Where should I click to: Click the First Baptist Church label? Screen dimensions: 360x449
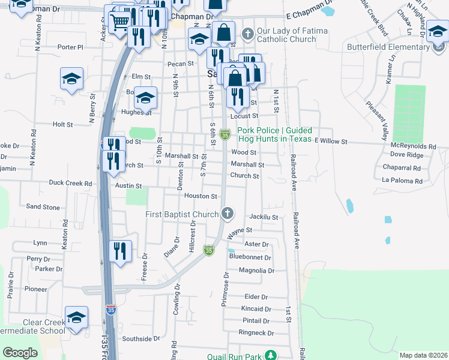pos(181,214)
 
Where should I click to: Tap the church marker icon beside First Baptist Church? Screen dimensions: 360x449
pos(227,214)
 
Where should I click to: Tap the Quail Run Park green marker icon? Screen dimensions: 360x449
pos(271,356)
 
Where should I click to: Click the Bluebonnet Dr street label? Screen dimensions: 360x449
pos(250,257)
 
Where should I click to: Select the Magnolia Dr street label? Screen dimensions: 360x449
pos(256,271)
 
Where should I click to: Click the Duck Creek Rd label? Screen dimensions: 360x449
pos(71,183)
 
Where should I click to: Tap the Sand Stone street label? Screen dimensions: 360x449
pos(43,207)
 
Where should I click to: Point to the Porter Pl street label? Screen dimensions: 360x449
pos(70,47)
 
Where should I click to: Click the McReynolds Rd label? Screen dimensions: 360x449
pos(413,146)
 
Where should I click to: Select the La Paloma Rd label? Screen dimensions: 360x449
pos(402,181)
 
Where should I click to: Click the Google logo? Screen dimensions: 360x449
pos(20,353)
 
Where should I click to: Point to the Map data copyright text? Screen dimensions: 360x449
pos(423,355)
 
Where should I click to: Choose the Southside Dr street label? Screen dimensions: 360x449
pos(141,338)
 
